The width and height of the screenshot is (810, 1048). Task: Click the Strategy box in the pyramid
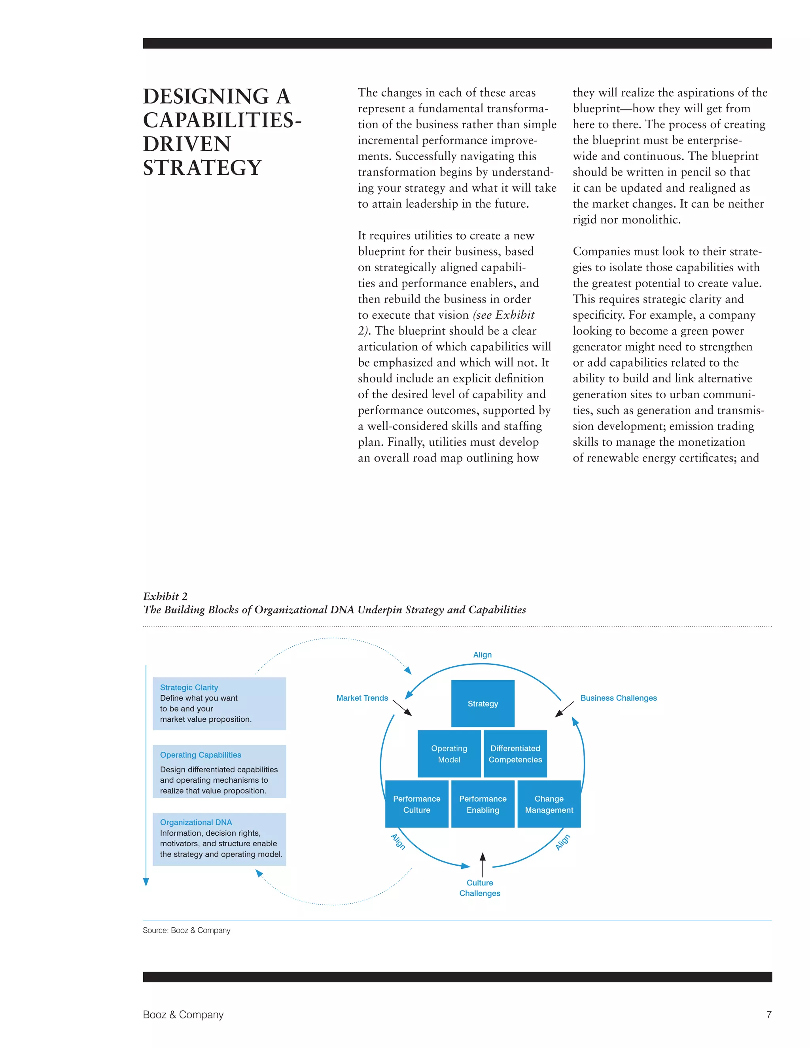(483, 704)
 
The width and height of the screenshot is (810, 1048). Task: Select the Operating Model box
(449, 754)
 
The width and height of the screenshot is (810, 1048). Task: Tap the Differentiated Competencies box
(515, 754)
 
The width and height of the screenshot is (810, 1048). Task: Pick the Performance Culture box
(416, 804)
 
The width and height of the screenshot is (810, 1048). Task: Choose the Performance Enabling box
(483, 804)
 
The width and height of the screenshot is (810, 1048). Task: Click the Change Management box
(549, 804)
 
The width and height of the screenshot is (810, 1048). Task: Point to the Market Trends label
(362, 698)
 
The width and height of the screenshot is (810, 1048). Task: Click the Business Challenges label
(618, 698)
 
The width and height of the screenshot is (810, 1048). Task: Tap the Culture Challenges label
(480, 888)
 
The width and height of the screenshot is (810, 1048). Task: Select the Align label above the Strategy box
(482, 655)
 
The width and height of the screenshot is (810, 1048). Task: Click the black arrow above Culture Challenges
(483, 864)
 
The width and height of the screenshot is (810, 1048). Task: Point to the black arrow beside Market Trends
(402, 708)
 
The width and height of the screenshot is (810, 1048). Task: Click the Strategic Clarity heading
(189, 688)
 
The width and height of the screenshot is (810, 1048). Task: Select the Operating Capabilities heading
(201, 755)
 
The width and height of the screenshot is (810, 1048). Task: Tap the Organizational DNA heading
(196, 823)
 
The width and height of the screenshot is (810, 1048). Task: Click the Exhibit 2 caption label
(165, 596)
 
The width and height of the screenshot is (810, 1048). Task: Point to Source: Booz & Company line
(186, 931)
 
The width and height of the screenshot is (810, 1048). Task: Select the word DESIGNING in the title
(206, 96)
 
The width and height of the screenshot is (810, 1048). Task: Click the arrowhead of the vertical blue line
(146, 882)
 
